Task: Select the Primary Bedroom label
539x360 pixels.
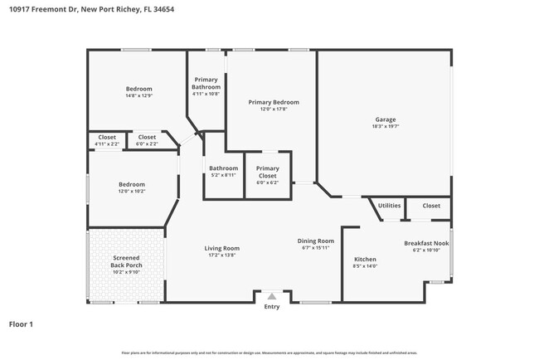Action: [x=274, y=102]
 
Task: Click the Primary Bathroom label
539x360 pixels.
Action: [x=206, y=84]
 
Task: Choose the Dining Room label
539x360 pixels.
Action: [x=315, y=241]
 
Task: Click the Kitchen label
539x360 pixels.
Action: [x=365, y=259]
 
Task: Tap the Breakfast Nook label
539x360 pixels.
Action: [x=423, y=243]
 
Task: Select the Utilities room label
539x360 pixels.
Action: [x=390, y=206]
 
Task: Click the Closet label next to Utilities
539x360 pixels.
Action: [x=431, y=206]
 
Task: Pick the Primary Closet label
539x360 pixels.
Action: [x=267, y=172]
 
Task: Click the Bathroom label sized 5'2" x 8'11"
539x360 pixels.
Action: [x=223, y=168]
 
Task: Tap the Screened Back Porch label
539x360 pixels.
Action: [x=127, y=262]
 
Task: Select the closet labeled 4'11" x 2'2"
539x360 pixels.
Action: [x=107, y=137]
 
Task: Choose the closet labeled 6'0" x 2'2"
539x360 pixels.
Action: [x=147, y=137]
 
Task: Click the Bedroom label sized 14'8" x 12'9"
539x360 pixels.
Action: [x=138, y=89]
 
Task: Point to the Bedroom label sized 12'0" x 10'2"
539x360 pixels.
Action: [x=131, y=184]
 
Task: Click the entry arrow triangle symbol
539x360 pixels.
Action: [x=272, y=296]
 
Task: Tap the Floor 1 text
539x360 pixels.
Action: [x=21, y=324]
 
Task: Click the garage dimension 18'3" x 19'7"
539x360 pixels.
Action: [x=386, y=127]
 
